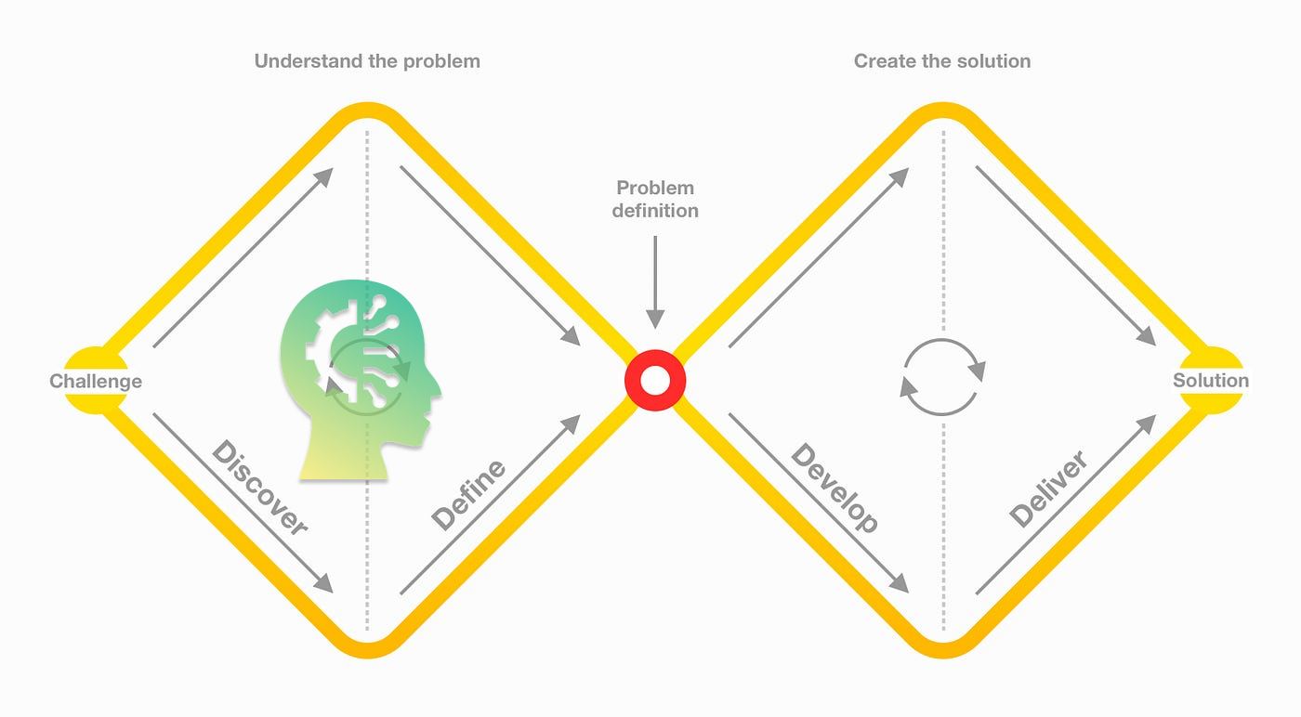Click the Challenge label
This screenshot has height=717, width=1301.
click(96, 381)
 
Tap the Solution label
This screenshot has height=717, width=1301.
click(1210, 380)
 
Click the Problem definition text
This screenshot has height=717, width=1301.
click(655, 199)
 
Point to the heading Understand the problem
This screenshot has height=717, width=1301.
click(367, 61)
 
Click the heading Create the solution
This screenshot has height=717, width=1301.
click(942, 61)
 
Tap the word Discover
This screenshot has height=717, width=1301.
click(259, 489)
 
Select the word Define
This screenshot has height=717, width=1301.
click(469, 494)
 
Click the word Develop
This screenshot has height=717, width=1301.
click(834, 489)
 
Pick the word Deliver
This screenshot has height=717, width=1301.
click(1048, 489)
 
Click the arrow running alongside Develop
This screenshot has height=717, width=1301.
click(818, 502)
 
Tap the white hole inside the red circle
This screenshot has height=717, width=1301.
click(655, 380)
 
